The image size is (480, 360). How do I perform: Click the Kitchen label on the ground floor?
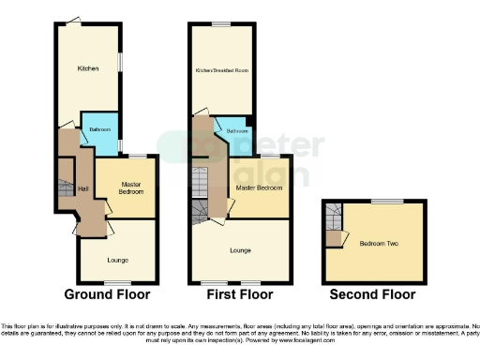point(88,68)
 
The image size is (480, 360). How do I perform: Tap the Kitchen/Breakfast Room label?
point(221,70)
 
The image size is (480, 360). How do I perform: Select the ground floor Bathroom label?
point(101,129)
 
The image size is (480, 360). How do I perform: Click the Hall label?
point(83,190)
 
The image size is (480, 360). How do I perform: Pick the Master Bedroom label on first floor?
point(259,187)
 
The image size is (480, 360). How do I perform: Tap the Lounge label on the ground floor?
point(117,259)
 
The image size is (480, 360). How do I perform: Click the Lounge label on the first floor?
point(242,250)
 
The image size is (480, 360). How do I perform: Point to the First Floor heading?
point(242,294)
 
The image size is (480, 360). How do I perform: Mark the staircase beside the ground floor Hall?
point(66,178)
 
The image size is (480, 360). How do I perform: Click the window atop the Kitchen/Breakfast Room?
point(221,23)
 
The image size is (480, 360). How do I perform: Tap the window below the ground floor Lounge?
point(117,282)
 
